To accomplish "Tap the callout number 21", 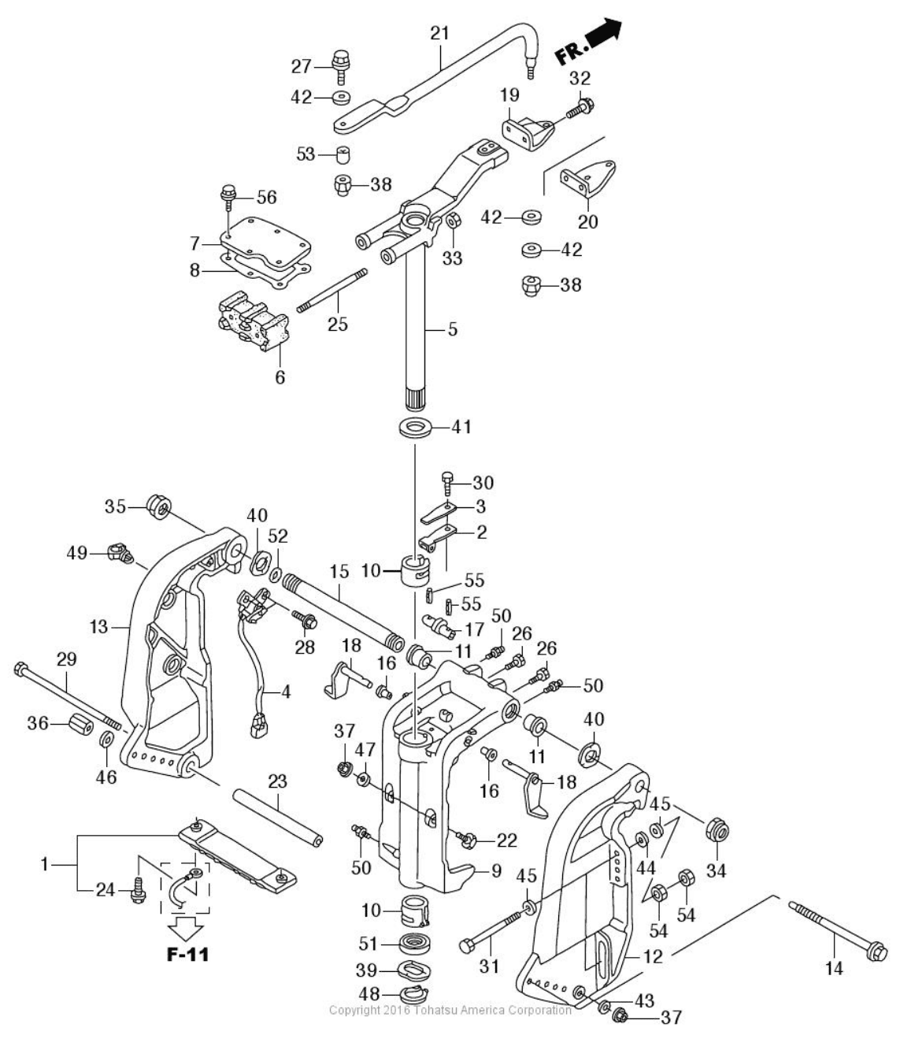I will (439, 33).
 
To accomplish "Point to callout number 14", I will (833, 968).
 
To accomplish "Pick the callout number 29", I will (66, 658).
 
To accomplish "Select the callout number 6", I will (280, 377).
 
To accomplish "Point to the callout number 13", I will (98, 627).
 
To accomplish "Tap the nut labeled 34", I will (717, 830).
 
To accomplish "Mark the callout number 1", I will (45, 864).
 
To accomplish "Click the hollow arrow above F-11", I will (188, 925).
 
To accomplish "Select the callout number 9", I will (496, 872).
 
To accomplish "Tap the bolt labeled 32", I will (581, 106).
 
